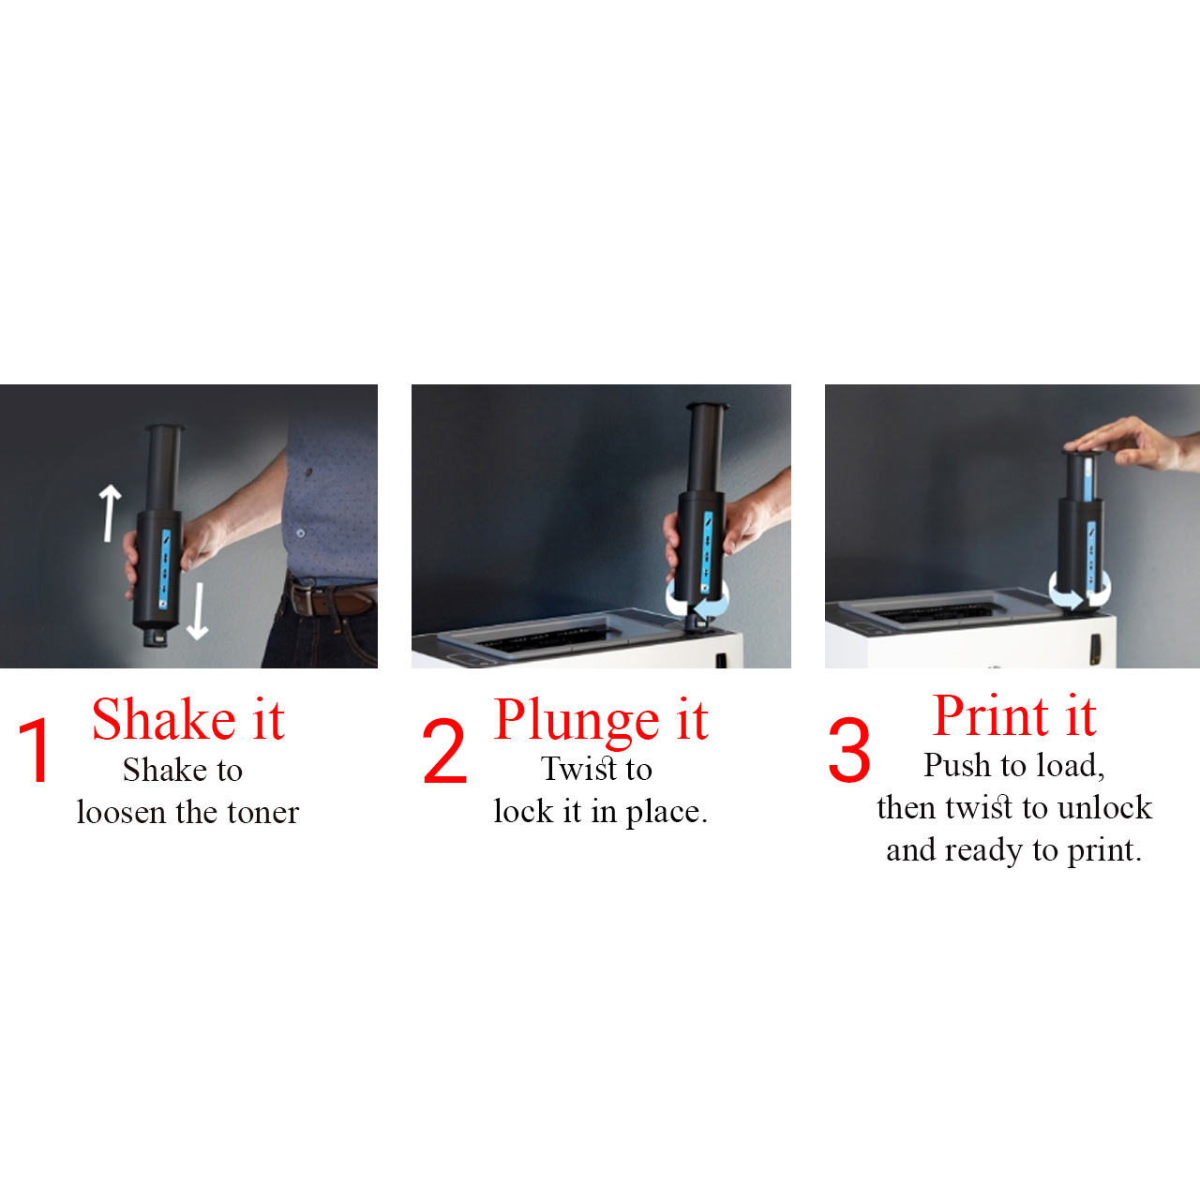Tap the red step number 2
444,750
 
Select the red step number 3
848,750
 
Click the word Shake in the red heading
164,720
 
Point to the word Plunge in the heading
576,723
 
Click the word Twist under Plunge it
578,769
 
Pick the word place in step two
667,813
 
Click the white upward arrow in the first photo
110,513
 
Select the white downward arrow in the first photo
198,611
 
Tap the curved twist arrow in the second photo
697,600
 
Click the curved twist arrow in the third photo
1079,593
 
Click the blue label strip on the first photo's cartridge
165,568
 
